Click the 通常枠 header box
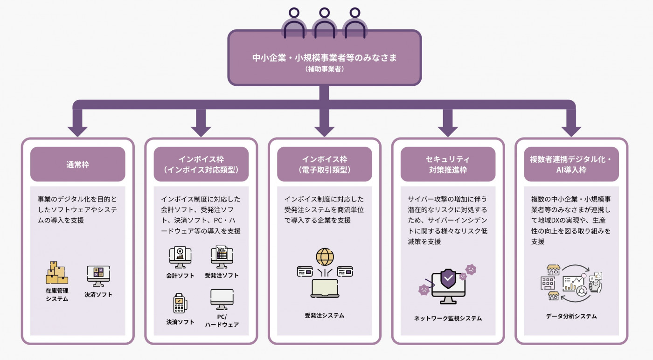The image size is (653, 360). (77, 164)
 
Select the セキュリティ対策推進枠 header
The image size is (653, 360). (448, 164)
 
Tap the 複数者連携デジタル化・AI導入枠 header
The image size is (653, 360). (571, 164)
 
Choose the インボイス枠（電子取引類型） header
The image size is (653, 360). (324, 164)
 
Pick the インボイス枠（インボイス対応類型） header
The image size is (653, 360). (201, 164)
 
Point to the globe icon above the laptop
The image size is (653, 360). (325, 257)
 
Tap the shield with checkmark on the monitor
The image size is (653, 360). (448, 279)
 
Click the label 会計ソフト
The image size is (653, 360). (181, 276)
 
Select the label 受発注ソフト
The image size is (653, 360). (222, 276)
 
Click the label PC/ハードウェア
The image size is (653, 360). (222, 321)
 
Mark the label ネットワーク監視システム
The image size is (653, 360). (448, 318)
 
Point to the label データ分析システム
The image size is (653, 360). (571, 316)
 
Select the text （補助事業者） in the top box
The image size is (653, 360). (324, 69)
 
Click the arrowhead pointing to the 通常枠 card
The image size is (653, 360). (77, 129)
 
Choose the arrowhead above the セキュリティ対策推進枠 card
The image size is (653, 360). (448, 129)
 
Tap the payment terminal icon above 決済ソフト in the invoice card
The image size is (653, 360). (180, 304)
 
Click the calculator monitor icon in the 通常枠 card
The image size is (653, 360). (98, 276)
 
